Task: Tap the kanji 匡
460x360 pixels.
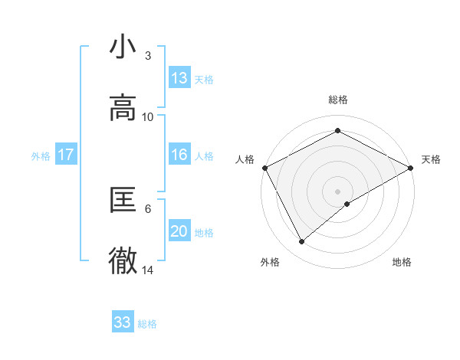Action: tap(123, 200)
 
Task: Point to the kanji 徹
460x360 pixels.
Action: tap(123, 261)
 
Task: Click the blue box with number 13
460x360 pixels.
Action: tap(179, 78)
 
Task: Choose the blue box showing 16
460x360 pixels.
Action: tap(179, 155)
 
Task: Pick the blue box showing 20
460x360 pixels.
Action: tap(179, 231)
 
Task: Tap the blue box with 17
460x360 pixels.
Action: tap(66, 155)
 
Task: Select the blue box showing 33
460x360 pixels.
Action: tap(123, 322)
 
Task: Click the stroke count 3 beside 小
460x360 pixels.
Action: tap(148, 55)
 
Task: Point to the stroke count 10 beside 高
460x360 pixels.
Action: tap(148, 116)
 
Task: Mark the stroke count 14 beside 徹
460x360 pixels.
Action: tap(148, 270)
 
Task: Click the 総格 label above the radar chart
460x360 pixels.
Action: tap(338, 100)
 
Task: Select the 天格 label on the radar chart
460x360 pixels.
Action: tap(431, 159)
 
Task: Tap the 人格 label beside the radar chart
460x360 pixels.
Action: tap(245, 159)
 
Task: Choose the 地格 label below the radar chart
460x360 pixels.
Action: tap(402, 262)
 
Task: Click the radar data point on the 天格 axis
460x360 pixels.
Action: tap(411, 167)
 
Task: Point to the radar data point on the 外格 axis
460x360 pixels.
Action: tap(302, 242)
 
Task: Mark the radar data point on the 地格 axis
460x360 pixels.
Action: tap(347, 204)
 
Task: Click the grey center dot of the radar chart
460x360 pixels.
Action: tap(338, 191)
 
